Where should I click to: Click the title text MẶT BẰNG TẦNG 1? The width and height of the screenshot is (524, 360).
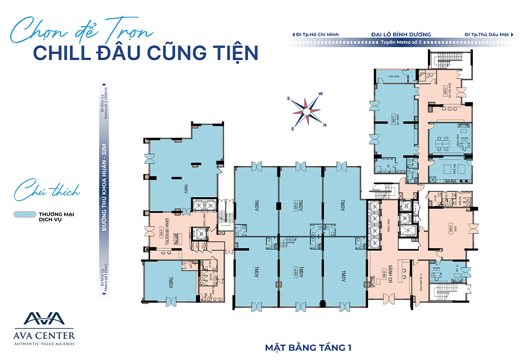coord(308,347)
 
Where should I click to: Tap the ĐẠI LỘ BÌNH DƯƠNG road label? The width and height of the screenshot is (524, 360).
coord(401,34)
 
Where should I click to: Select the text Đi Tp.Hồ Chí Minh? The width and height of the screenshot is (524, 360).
coord(317,34)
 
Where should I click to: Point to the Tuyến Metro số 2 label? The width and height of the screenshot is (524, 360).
coord(401,42)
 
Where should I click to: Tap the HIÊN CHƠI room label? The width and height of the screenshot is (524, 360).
coord(393,76)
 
